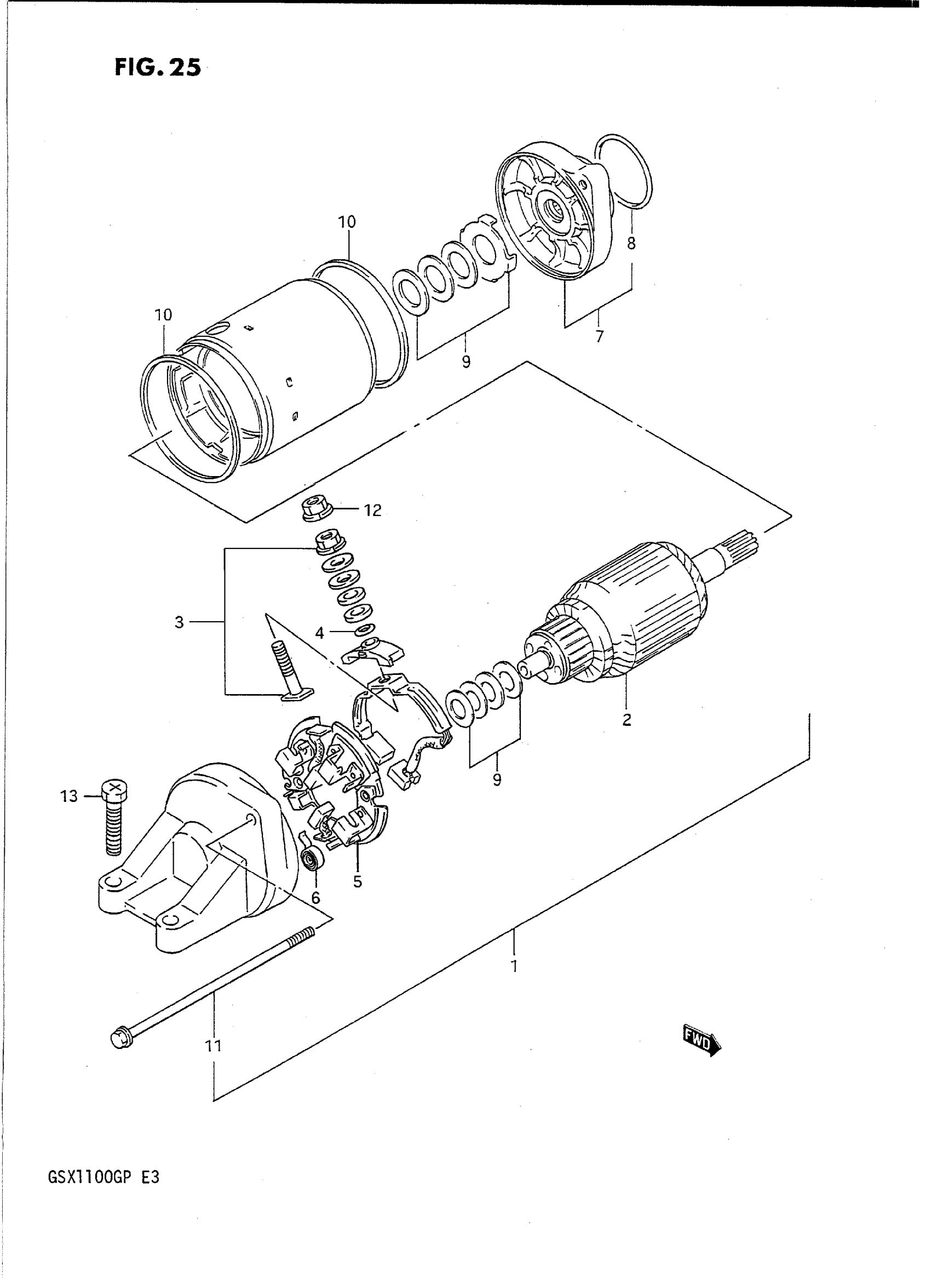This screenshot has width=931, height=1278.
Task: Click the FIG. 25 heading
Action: pos(158,67)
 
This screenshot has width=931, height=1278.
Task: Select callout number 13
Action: pos(70,796)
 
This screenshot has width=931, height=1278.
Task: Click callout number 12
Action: pos(372,510)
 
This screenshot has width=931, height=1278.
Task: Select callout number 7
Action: pos(599,336)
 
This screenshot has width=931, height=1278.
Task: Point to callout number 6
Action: pos(315,897)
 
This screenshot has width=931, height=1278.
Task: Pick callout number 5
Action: pos(358,882)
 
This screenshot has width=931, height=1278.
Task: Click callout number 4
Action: pos(319,634)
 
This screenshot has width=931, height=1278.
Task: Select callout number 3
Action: pos(179,622)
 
